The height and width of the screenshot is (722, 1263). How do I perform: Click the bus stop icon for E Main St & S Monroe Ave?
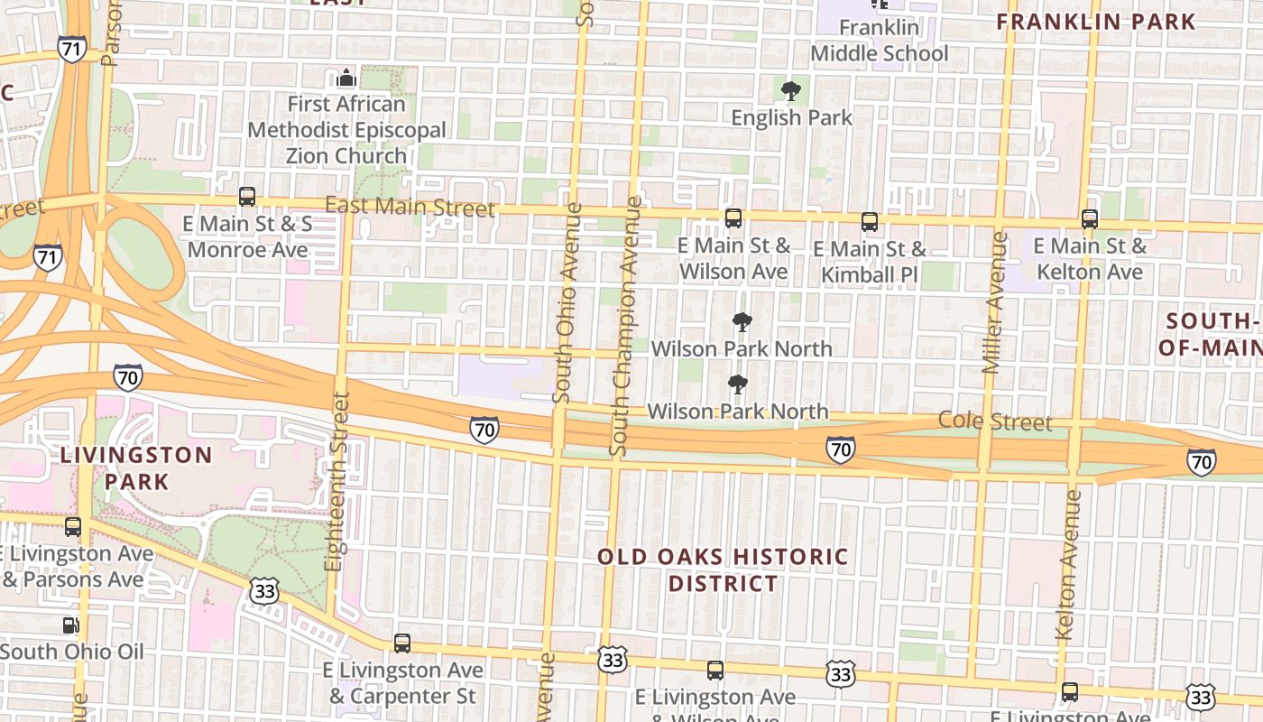tap(246, 196)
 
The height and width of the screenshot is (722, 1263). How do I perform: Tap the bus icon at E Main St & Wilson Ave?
tap(733, 218)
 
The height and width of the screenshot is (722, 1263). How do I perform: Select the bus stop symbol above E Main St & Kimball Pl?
tap(869, 221)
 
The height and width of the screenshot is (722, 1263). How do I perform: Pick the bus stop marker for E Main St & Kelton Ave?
tap(1089, 218)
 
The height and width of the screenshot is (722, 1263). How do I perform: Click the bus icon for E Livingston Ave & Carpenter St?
tap(402, 643)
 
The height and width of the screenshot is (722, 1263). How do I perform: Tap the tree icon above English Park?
tap(791, 90)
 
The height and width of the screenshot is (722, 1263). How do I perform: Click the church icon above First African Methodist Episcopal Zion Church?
tap(346, 79)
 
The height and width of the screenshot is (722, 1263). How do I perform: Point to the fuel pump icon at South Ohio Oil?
tap(70, 625)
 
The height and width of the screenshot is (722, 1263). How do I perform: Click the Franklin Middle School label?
tap(879, 41)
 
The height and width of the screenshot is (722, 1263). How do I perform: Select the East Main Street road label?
tap(410, 207)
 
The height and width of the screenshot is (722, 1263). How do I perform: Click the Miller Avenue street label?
tap(993, 302)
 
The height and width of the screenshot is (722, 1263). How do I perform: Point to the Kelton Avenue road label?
tap(1068, 564)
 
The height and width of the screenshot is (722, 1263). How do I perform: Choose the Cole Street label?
tap(995, 421)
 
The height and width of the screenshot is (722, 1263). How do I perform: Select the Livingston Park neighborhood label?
tap(136, 467)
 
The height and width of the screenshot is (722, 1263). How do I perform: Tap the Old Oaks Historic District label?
tap(723, 569)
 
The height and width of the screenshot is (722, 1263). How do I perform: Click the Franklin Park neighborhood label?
tap(1096, 22)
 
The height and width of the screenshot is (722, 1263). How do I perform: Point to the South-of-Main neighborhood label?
tap(1212, 334)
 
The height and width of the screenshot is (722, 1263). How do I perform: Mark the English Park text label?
tap(791, 117)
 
